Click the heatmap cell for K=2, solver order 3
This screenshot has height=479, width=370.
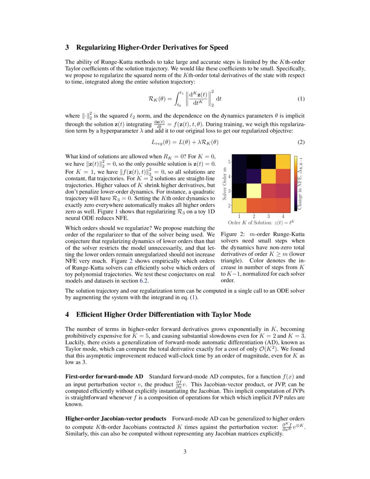254,190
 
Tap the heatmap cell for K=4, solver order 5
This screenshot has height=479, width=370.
283,162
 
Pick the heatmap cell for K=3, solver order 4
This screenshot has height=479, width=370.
269,176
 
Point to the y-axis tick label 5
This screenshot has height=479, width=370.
229,162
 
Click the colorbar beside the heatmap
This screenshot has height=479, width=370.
296,183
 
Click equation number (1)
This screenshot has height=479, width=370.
301,99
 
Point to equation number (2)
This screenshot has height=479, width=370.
301,142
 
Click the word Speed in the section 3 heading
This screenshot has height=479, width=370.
219,47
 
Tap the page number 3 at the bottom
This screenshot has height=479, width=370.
185,452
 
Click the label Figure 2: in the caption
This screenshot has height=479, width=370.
233,234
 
